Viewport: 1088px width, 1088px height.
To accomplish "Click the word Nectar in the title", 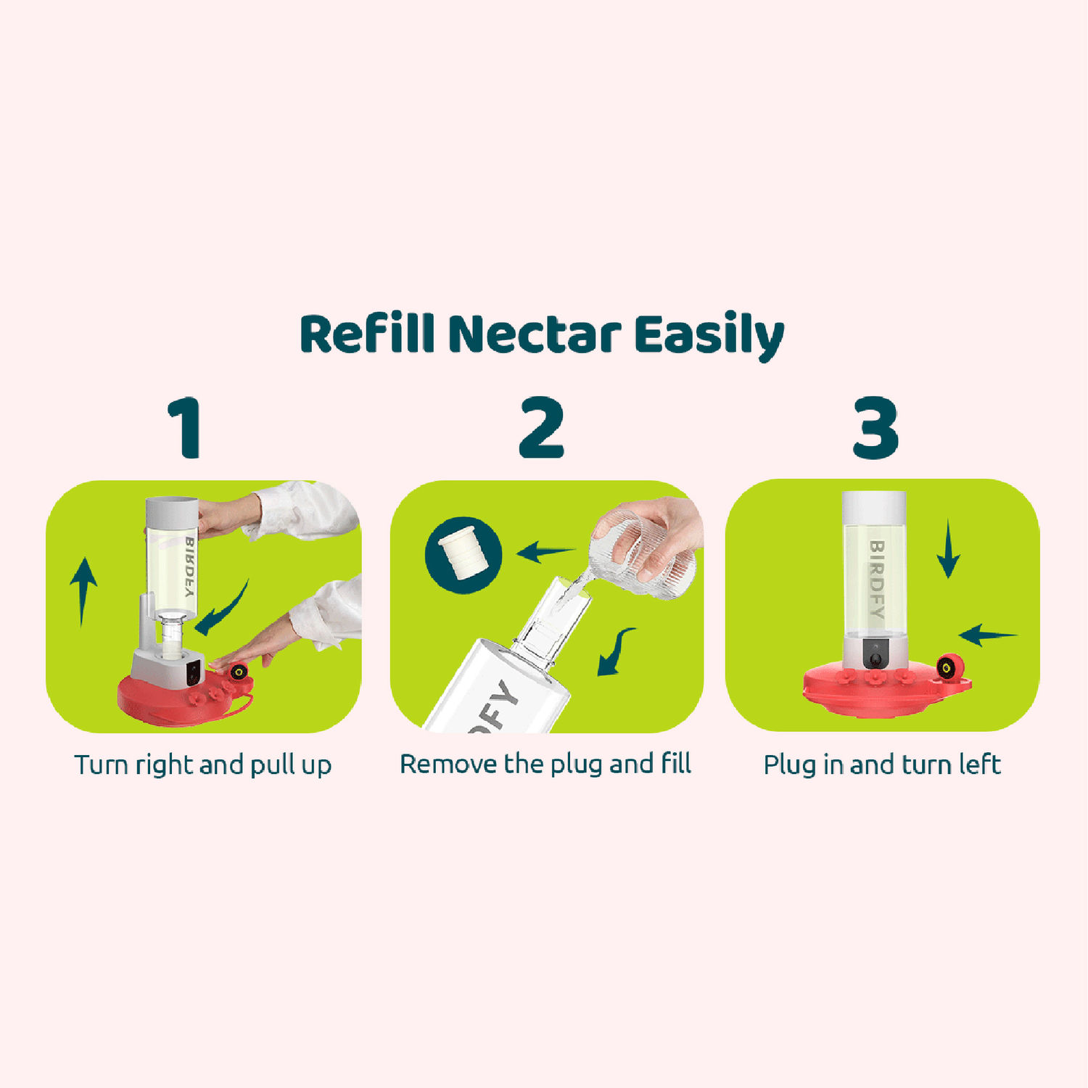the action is click(535, 334).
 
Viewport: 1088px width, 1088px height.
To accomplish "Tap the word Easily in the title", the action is click(709, 337).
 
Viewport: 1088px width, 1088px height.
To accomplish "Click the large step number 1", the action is click(186, 427).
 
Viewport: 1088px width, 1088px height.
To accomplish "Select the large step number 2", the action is click(541, 427).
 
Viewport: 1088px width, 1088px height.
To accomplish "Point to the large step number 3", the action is click(875, 427).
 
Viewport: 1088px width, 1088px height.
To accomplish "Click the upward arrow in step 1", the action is click(83, 591).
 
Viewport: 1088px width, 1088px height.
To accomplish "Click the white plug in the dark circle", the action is click(463, 556).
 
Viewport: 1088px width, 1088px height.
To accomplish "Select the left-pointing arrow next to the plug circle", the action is click(545, 553).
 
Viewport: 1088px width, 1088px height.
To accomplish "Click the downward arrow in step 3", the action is click(948, 548).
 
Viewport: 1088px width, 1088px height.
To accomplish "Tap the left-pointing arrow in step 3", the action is click(987, 635).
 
